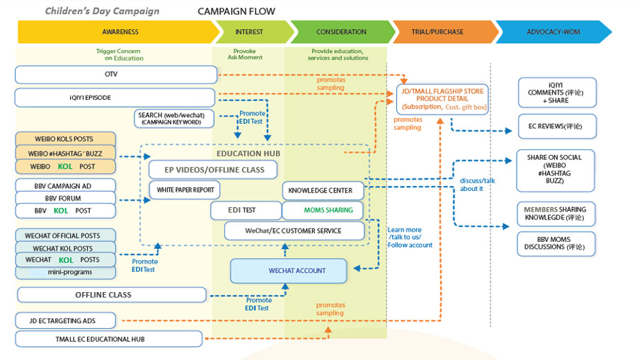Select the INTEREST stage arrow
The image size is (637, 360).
249,32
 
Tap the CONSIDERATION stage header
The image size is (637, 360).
340,32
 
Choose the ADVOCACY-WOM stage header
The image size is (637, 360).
551,32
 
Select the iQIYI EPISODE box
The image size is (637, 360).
114,98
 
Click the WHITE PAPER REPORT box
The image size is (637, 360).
185,190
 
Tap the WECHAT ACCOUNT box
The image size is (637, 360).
288,271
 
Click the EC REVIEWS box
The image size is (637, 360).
557,126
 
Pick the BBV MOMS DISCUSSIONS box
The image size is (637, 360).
556,243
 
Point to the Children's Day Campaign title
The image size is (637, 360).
102,11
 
